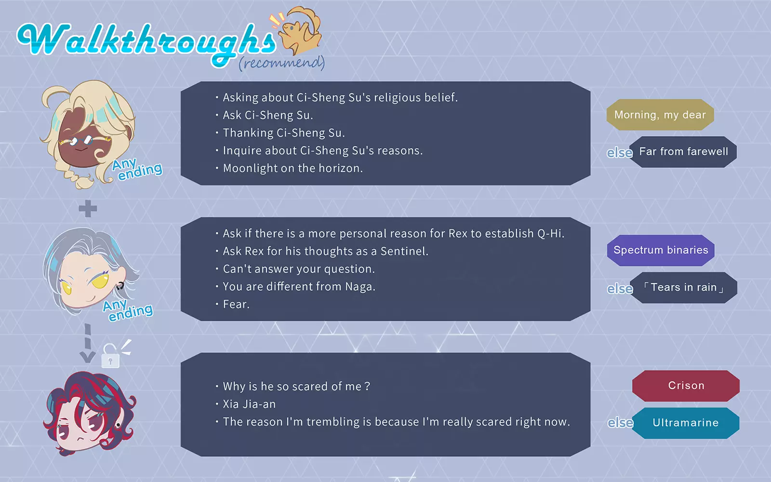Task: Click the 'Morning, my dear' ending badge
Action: (660, 115)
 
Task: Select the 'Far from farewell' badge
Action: (683, 152)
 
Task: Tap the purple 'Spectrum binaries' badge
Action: (661, 250)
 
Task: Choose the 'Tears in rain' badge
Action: (684, 287)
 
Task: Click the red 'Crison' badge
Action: (686, 386)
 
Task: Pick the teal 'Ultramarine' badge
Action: (686, 423)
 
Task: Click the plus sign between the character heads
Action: (88, 208)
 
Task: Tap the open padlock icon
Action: (111, 356)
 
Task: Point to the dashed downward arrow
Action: (88, 344)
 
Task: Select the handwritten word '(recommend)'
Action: (282, 63)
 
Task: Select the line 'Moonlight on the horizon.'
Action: (293, 168)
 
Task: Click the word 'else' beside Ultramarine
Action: (620, 423)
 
